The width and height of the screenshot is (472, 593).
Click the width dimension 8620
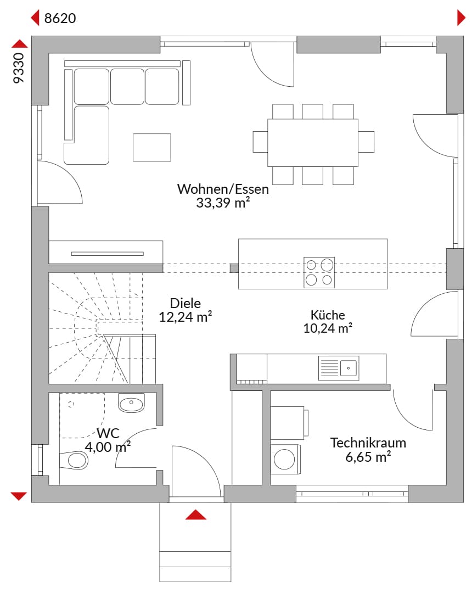coord(60,18)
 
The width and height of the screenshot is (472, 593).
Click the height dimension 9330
coord(19,68)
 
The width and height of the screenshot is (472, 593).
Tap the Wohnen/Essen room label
coord(223,189)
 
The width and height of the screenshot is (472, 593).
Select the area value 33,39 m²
coord(223,203)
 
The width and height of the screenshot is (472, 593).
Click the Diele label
coord(185,303)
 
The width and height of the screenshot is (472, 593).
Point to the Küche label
coord(328,315)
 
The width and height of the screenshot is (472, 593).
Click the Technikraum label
coord(368,443)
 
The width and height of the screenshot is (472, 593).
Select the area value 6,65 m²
coord(368,456)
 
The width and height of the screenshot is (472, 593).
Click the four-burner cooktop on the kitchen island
coord(319,272)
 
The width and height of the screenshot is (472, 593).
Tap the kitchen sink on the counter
coord(339,368)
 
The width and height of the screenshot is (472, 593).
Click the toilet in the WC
coord(74,460)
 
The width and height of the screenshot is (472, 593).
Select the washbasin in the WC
coord(131,403)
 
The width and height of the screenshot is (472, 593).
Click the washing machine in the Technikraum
coord(286,459)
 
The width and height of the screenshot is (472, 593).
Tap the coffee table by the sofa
coord(152,148)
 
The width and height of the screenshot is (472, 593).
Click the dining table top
coord(313,143)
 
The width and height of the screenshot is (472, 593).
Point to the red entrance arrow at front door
coord(196,514)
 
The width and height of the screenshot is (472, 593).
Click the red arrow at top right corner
coord(461,18)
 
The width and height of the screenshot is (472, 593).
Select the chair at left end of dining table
coord(260,142)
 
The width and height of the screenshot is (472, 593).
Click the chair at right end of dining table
coord(366,142)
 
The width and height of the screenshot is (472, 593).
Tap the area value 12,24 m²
coord(185,317)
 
